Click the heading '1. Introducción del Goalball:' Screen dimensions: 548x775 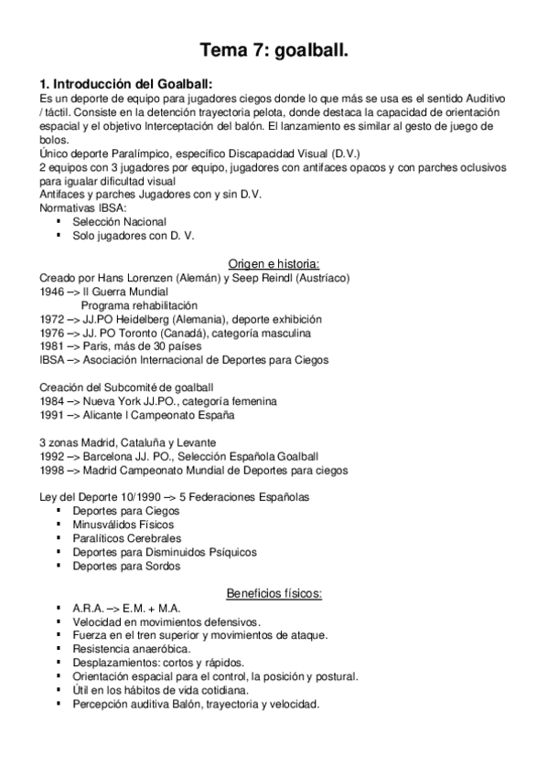(125, 83)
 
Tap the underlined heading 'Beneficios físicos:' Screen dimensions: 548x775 (274, 594)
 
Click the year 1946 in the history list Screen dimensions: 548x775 (52, 292)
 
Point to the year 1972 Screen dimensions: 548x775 (52, 320)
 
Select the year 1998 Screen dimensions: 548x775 (52, 471)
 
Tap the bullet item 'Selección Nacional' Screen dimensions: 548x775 (119, 221)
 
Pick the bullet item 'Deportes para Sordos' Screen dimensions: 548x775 (127, 566)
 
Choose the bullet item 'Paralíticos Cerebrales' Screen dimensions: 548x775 (129, 538)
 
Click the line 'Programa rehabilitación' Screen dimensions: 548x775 (138, 305)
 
